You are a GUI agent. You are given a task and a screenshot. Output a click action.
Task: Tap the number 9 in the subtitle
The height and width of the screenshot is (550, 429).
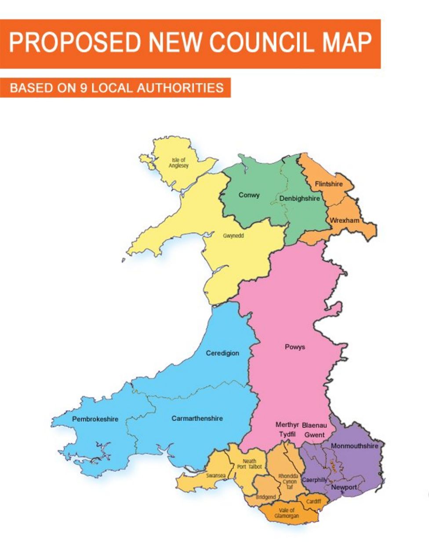tap(84, 88)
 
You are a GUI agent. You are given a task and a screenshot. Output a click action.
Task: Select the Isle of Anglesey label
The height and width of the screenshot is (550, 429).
tap(178, 163)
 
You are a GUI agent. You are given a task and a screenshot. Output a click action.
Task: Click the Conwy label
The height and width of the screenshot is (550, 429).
tap(249, 195)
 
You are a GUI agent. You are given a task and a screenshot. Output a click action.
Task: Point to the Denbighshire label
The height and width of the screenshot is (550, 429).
tap(300, 198)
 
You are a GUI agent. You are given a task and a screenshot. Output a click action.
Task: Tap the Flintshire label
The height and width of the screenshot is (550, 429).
tap(328, 184)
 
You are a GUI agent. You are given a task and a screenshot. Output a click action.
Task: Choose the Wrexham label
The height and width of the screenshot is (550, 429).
tap(344, 220)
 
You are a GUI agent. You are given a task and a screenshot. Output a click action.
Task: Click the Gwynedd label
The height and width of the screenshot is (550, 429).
tap(233, 236)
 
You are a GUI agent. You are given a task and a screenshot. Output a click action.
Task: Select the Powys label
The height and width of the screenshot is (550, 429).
tap(294, 347)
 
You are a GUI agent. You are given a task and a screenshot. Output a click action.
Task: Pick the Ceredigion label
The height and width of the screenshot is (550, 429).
tap(222, 353)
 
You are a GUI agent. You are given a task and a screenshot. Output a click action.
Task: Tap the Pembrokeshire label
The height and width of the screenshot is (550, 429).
tap(95, 419)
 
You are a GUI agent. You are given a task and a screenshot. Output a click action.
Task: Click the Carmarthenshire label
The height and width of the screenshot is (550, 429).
tap(197, 418)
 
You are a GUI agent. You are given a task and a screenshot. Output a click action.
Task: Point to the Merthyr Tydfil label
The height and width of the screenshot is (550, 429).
tap(287, 430)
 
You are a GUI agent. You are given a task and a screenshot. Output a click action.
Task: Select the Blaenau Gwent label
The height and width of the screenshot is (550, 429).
tap(314, 430)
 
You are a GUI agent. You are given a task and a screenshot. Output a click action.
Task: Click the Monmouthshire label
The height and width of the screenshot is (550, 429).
tap(354, 446)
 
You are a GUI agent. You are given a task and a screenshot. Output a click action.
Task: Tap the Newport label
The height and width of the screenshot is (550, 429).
tap(344, 487)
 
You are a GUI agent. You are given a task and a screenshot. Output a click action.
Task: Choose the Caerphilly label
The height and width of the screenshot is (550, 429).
tap(315, 480)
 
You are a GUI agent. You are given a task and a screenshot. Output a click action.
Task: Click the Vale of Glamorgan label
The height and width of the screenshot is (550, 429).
tap(287, 513)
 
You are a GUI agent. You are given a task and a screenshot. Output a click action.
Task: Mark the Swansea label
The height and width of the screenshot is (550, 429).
tap(216, 476)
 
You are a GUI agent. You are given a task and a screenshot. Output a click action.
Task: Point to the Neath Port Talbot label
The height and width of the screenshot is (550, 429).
tap(249, 464)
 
